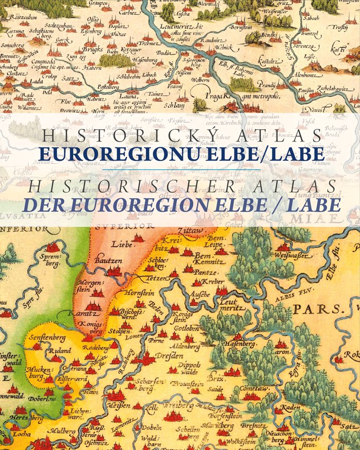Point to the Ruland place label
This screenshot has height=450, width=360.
click(60, 349)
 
